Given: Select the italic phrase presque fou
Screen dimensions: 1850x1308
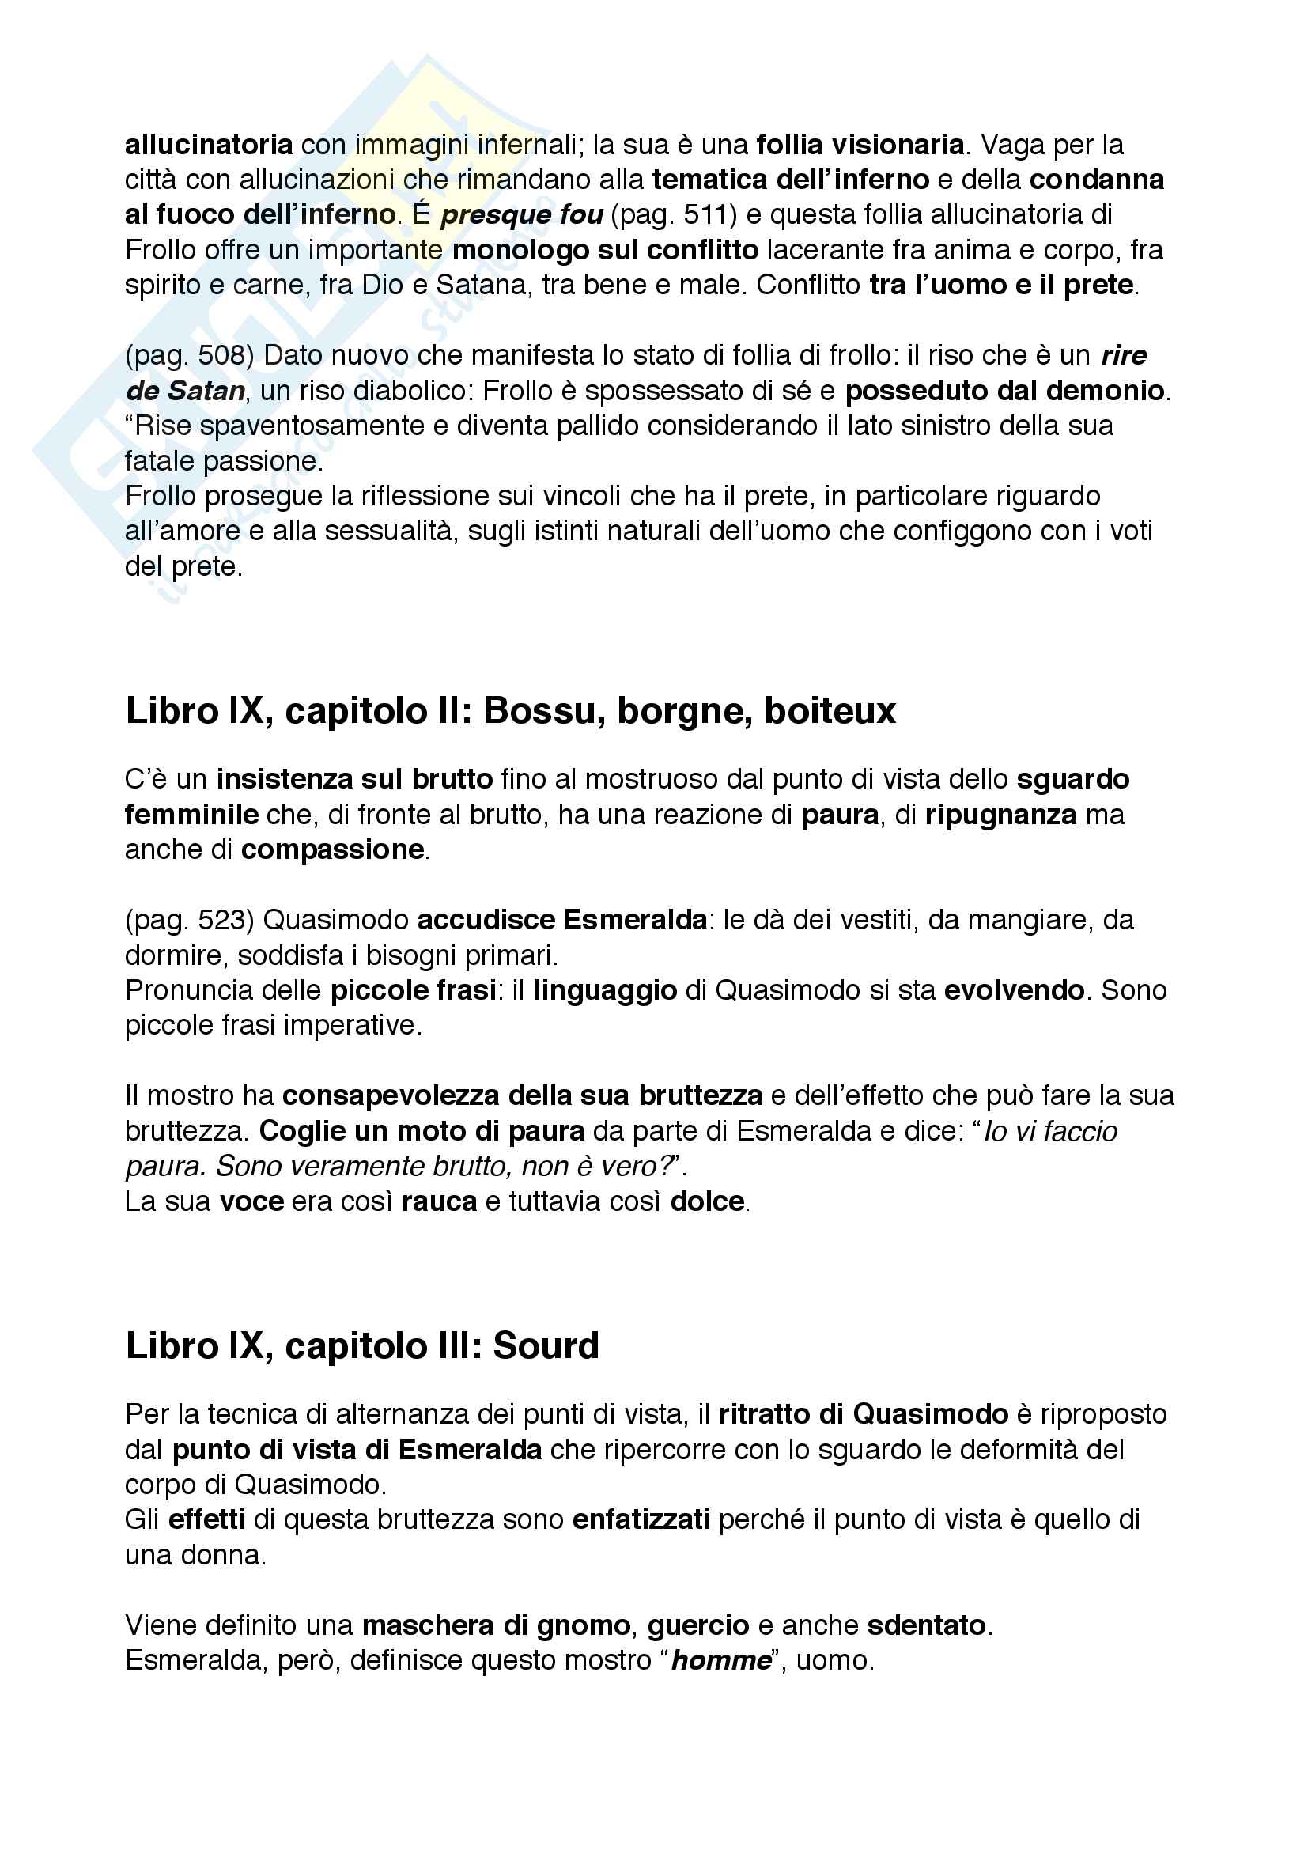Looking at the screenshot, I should (522, 215).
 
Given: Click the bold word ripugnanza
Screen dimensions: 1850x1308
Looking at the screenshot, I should (1000, 815).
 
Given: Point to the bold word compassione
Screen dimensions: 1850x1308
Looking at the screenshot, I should (332, 850).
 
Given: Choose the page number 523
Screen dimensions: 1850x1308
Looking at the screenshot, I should (225, 920).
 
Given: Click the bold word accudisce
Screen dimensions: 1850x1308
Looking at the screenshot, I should (486, 920).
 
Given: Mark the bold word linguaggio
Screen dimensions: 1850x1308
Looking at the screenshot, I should (605, 990).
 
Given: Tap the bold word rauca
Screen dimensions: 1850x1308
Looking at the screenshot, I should (439, 1202).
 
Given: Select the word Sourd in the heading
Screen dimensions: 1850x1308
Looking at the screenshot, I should (546, 1346).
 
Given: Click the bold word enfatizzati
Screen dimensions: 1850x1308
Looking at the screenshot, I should (641, 1519).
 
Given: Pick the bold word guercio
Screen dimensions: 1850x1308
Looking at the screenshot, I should (697, 1625).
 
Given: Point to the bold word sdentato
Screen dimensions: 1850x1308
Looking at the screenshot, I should (926, 1625).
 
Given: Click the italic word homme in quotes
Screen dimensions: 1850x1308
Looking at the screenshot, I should (721, 1661).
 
